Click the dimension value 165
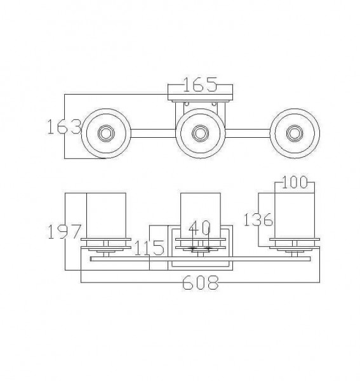pos(200,84)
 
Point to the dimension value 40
pos(201,227)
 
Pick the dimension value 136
pos(258,220)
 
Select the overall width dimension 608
pos(201,283)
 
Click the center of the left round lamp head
pos(105,133)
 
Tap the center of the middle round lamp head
pos(199,133)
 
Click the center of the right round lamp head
pos(293,133)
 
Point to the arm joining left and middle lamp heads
pos(152,133)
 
